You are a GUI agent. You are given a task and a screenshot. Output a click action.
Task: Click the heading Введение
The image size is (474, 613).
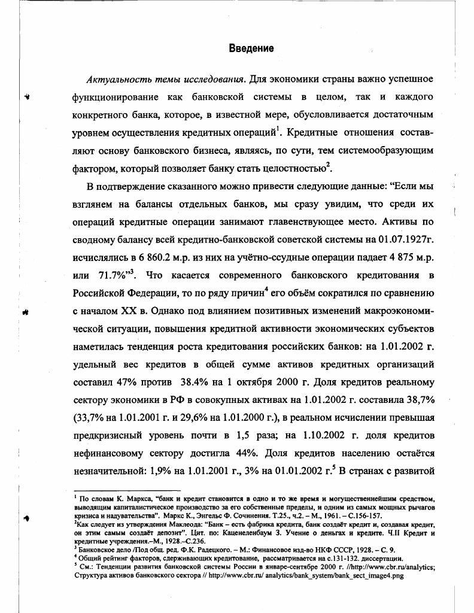coord(251,48)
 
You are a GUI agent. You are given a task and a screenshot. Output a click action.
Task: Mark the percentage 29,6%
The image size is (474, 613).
coord(180,417)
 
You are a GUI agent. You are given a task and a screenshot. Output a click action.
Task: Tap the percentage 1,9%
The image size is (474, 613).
coord(175,470)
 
